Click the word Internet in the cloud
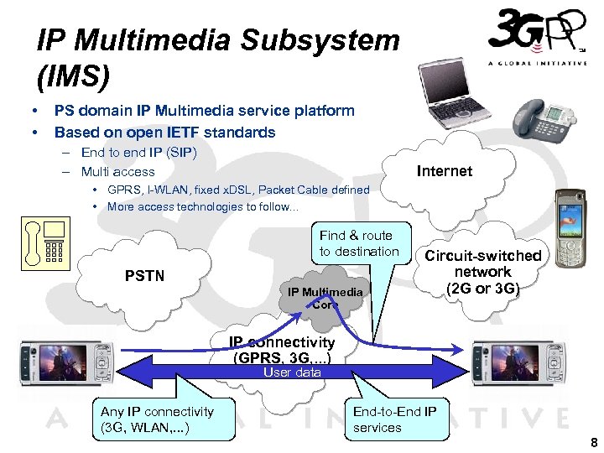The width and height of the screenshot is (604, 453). pyautogui.click(x=444, y=171)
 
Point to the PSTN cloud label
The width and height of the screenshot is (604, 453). pyautogui.click(x=144, y=275)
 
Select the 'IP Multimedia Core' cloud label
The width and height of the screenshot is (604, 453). pyautogui.click(x=325, y=298)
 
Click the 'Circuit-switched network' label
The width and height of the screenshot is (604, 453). pyautogui.click(x=482, y=272)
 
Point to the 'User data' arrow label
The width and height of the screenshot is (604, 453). pyautogui.click(x=292, y=372)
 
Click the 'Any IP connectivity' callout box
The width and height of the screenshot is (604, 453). pyautogui.click(x=157, y=419)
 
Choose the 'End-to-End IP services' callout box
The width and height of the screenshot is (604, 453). pyautogui.click(x=393, y=419)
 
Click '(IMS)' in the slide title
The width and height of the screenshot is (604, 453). pyautogui.click(x=73, y=76)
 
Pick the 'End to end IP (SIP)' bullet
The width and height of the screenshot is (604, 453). pyautogui.click(x=138, y=153)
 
